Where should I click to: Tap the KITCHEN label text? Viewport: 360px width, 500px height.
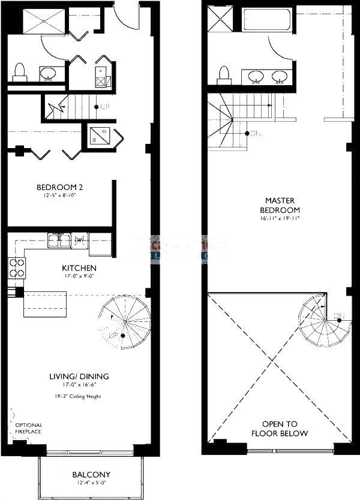pos(79,267)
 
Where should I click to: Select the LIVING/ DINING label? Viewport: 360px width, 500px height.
pos(79,376)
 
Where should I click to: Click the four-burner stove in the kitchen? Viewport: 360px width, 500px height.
pos(17,267)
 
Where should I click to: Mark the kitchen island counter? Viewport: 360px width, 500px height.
pos(44,303)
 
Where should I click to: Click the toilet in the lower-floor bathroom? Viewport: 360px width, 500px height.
pos(20,72)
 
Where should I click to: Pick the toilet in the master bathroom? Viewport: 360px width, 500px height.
pos(225,74)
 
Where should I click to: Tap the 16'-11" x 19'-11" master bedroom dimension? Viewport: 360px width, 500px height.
pos(279,219)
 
